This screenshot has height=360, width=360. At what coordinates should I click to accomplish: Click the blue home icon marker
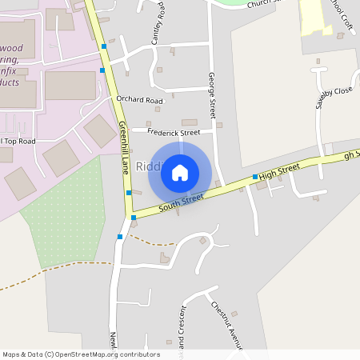coord(180,172)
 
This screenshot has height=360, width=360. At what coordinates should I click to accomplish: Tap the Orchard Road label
coord(139,101)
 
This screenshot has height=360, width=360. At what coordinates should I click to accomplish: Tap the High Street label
coord(279,170)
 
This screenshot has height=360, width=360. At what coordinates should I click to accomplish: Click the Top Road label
coord(21,141)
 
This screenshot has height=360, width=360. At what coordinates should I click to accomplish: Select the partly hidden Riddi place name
coord(149,166)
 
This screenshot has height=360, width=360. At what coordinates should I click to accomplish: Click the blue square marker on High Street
coord(254,177)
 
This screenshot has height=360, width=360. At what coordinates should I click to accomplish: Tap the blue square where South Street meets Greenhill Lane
coord(134,217)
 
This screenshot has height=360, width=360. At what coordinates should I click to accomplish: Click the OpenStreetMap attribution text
coord(81,354)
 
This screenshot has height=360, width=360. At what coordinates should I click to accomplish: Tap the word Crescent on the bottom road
coord(182,328)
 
